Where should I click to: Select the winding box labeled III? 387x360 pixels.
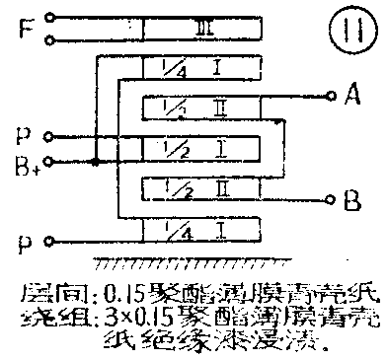(x=201, y=31)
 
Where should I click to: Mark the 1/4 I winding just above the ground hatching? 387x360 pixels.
(x=201, y=230)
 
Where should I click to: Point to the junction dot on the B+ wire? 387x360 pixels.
(x=95, y=158)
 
